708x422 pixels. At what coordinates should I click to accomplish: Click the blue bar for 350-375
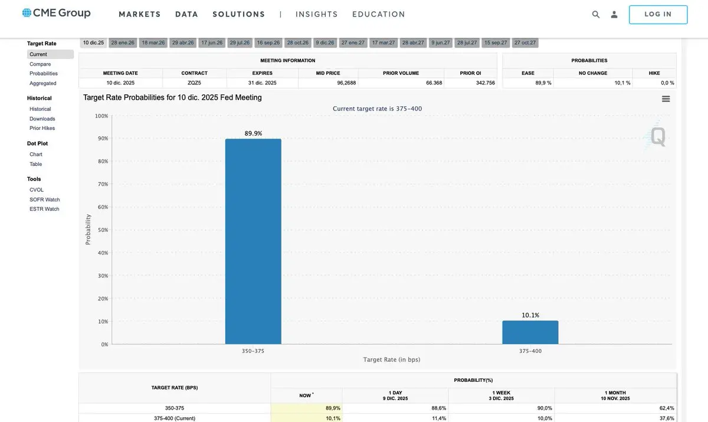[253, 241]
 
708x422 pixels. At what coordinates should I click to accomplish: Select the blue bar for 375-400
[530, 332]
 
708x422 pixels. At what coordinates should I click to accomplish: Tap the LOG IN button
[658, 15]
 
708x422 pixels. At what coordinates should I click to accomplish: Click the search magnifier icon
[596, 15]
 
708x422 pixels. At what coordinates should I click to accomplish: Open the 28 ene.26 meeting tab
[123, 43]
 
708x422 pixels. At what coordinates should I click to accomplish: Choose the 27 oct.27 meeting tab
[525, 43]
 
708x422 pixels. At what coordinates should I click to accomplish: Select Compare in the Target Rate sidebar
[40, 64]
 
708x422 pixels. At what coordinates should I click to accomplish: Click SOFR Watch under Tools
[45, 199]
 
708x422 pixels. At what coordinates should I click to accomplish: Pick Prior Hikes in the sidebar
[42, 128]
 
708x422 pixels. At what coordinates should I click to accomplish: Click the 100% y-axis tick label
[101, 116]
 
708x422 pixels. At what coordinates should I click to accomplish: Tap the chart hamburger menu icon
[666, 99]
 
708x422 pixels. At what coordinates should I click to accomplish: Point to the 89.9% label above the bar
[253, 134]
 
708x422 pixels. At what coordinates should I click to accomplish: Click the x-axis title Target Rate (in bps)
[392, 359]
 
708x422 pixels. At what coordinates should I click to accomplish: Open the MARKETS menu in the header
[140, 14]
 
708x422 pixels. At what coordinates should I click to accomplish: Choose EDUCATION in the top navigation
[379, 14]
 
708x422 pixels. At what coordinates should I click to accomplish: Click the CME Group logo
[57, 13]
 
